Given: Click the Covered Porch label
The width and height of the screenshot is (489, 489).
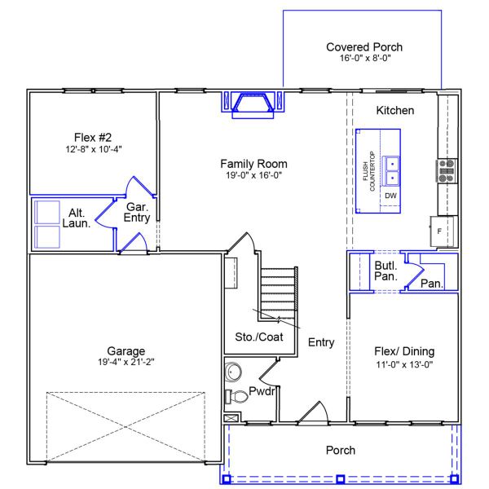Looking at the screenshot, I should click(364, 47).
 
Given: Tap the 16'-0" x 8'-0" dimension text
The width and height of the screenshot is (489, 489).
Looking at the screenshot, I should click(364, 59).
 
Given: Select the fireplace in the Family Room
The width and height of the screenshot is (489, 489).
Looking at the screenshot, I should click(253, 105).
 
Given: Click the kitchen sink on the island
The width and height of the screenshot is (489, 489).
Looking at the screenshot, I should click(392, 170).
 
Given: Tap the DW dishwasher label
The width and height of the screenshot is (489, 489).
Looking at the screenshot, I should click(391, 196).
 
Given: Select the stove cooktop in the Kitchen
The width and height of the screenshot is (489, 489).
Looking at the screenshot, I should click(446, 170).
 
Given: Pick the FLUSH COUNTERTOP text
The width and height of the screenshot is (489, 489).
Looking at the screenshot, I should click(369, 172).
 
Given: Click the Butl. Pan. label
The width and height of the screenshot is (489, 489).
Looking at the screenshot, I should click(385, 271).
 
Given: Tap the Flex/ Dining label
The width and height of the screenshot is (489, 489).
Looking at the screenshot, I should click(403, 352).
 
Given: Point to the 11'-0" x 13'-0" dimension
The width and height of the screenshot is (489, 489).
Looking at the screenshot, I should click(403, 364).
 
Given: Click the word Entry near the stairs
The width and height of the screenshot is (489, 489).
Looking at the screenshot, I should click(321, 342).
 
